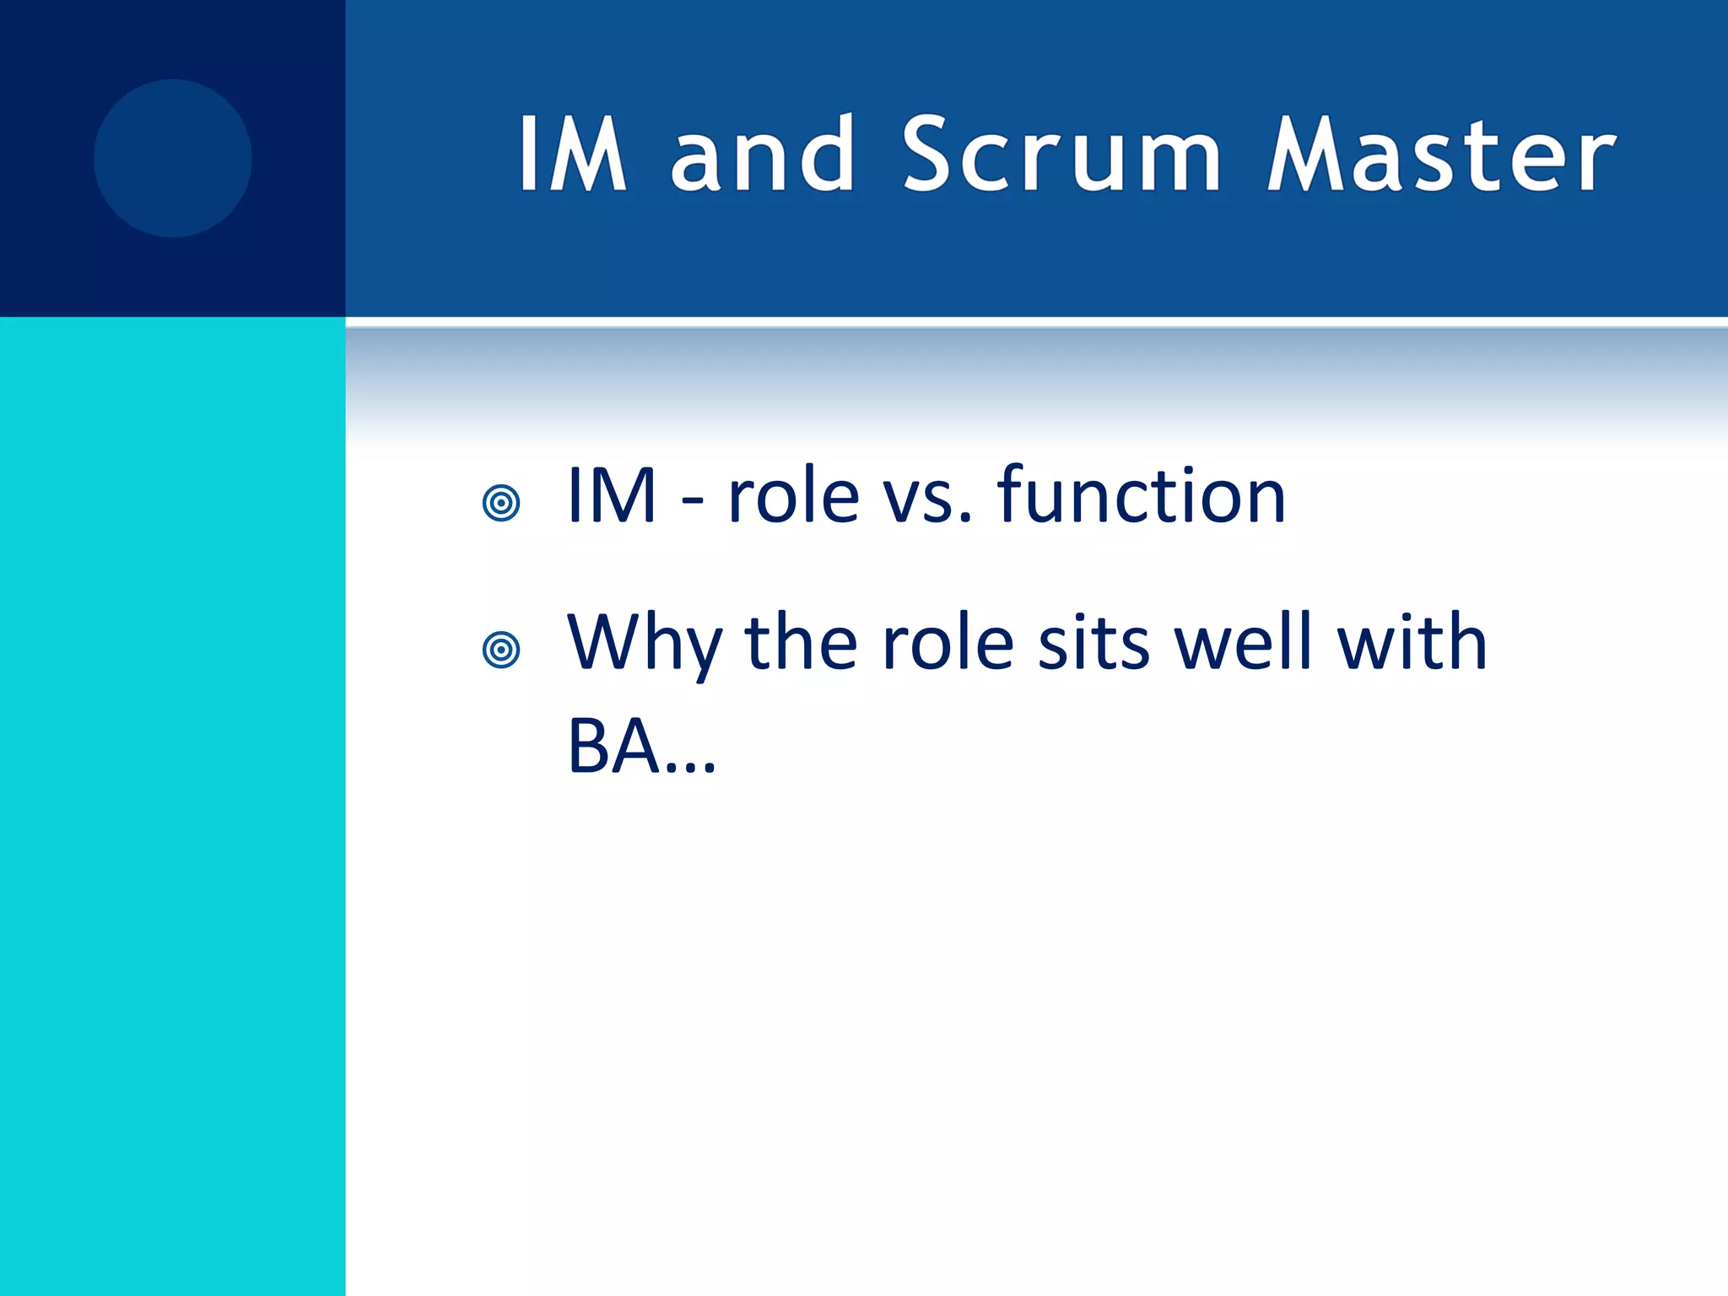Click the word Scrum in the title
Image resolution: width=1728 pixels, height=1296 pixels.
[1061, 155]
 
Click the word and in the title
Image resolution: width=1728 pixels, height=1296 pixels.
[763, 155]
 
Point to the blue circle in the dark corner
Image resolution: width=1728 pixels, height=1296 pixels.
[173, 159]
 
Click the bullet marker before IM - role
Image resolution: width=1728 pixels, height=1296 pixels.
[501, 504]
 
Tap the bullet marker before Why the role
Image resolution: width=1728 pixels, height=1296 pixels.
[501, 651]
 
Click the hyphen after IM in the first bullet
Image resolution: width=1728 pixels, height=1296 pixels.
[692, 504]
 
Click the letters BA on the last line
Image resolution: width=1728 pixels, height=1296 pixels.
[613, 746]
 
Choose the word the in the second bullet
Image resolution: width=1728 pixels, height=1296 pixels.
[801, 643]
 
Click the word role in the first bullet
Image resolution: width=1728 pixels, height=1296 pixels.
[793, 498]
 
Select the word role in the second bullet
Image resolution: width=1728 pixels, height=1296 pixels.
[947, 645]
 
